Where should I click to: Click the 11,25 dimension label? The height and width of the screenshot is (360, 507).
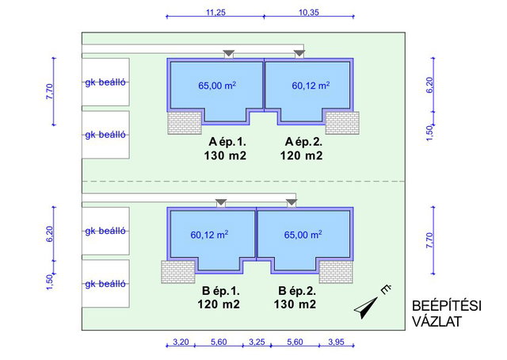[215, 13]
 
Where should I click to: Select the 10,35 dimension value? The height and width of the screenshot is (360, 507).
[309, 13]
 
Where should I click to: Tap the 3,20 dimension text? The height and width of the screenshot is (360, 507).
[181, 342]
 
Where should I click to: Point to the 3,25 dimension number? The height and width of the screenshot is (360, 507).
[257, 342]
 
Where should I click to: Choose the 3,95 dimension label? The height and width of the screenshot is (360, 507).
[336, 342]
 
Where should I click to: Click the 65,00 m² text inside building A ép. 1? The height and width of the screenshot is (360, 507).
[217, 86]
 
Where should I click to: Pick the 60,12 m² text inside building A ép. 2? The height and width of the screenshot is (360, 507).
[311, 86]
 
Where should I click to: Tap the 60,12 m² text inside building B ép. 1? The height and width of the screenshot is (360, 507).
[209, 235]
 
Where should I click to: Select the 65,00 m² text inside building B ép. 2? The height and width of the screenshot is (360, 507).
[303, 235]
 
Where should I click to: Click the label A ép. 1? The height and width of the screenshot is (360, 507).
[227, 142]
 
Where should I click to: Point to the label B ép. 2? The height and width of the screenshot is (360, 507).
[297, 291]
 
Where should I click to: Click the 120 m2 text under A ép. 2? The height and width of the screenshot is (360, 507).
[301, 155]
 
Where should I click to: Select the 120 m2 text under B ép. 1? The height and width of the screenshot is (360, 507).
[219, 304]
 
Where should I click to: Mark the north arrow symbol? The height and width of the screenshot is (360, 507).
[367, 307]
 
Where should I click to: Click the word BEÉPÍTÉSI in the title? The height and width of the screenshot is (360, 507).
[447, 306]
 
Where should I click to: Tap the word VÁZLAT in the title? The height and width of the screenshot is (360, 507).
[436, 321]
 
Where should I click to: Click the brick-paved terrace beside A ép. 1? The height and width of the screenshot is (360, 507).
[185, 123]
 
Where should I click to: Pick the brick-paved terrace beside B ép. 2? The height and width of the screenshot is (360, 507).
[336, 272]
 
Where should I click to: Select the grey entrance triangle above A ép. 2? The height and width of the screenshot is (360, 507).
[299, 53]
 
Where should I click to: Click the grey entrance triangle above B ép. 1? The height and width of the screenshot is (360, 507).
[221, 202]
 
